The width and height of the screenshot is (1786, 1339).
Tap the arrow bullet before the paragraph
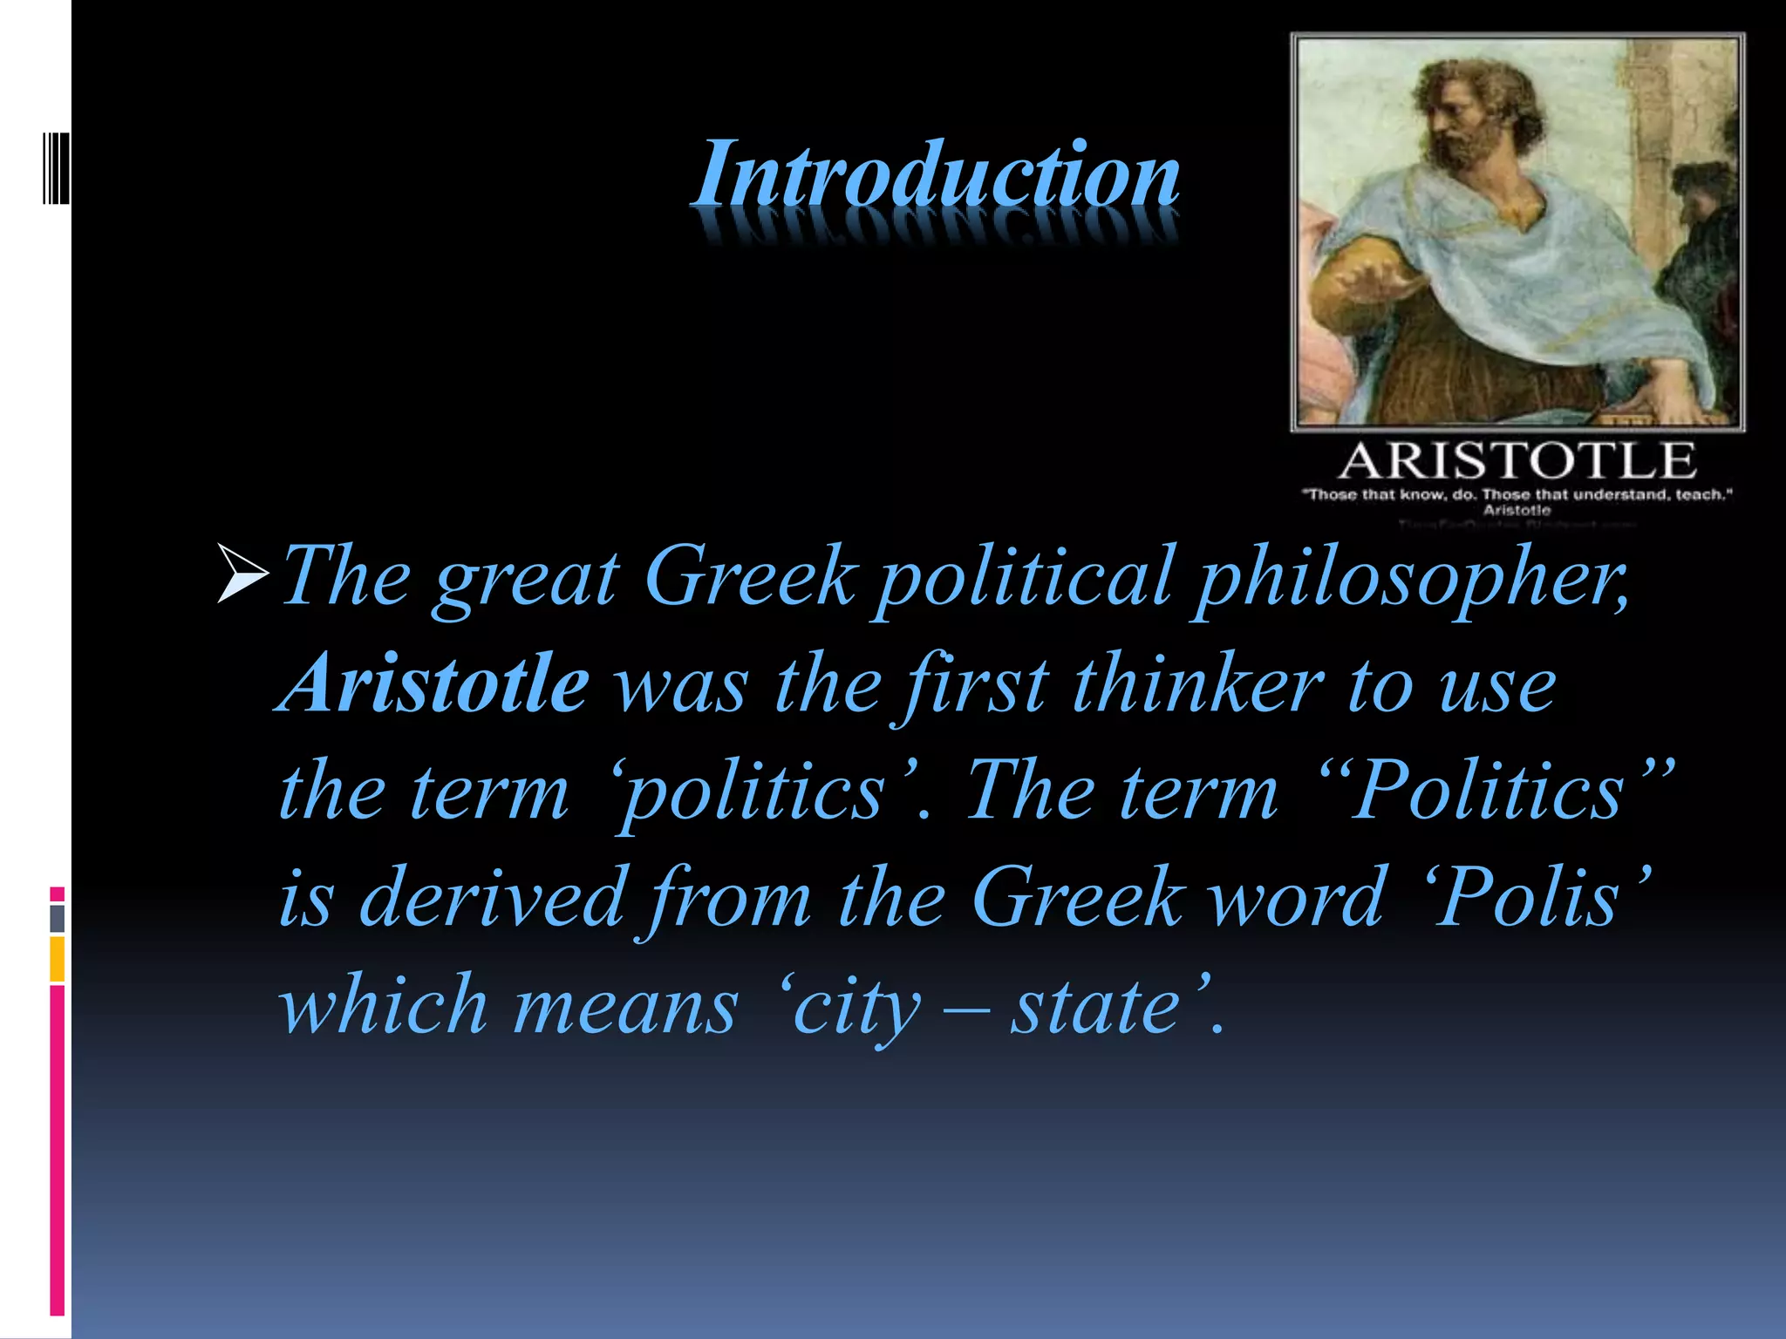pyautogui.click(x=242, y=574)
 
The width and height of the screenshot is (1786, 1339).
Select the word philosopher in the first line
pyautogui.click(x=1411, y=577)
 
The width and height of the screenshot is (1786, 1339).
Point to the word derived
pyautogui.click(x=491, y=898)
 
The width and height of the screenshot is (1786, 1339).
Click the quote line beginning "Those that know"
pyautogui.click(x=1517, y=495)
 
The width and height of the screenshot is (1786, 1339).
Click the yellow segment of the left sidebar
pyautogui.click(x=57, y=959)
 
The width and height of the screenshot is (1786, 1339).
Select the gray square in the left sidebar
pyautogui.click(x=57, y=918)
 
